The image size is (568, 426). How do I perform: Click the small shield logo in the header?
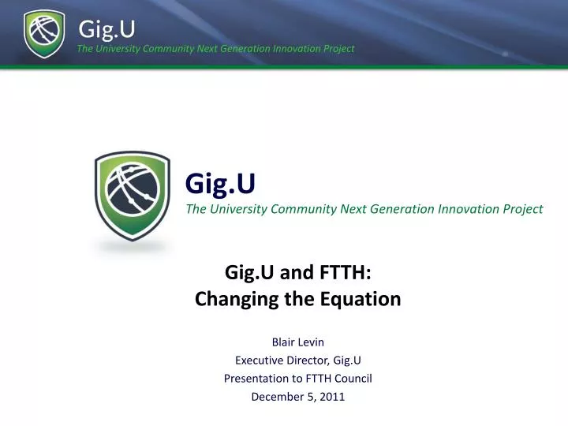coord(44,34)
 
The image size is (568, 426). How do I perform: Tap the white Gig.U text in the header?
coord(106,28)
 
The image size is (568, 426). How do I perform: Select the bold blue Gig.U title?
coord(220,184)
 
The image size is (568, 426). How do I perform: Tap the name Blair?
coord(283,342)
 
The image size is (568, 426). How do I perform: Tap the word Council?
coord(352,378)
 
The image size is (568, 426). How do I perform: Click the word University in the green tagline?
coord(237,209)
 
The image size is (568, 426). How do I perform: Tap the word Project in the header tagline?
coord(338,48)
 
